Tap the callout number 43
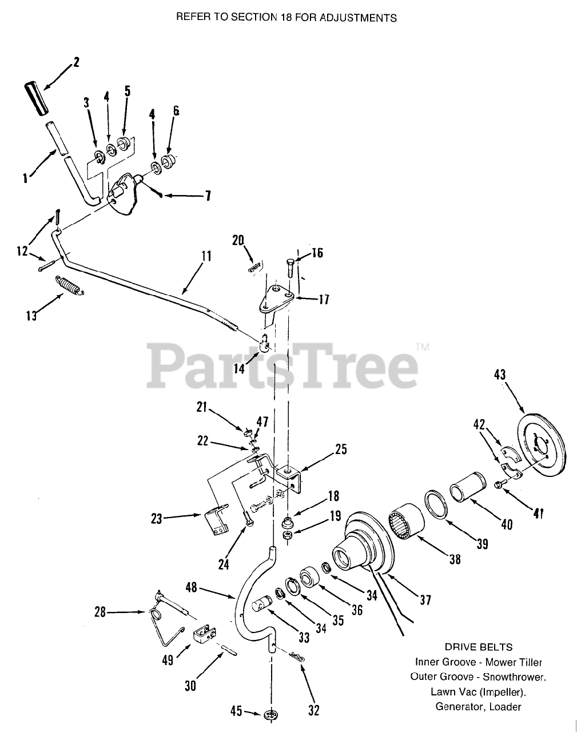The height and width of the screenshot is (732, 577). pos(499,376)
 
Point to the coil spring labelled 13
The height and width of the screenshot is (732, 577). pos(70,285)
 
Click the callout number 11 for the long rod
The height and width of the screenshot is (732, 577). pos(206,257)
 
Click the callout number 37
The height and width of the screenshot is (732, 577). pos(425,599)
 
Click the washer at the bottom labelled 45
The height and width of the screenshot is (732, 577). pos(270,715)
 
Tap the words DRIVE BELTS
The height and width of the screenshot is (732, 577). pos(478,647)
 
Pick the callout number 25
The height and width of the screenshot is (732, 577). pos(341,449)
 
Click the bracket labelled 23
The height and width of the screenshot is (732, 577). pos(215,521)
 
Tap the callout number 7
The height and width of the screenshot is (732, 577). pos(208,196)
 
